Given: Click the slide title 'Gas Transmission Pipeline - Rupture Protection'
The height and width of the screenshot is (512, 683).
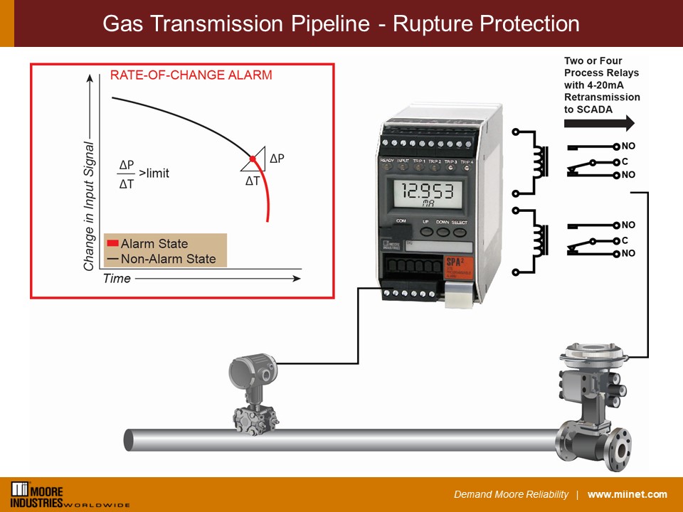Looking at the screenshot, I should click(x=341, y=23).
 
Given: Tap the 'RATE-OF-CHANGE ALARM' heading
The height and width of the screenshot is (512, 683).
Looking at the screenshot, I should click(x=191, y=75).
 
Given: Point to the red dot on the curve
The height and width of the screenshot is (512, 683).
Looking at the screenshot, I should click(x=252, y=158).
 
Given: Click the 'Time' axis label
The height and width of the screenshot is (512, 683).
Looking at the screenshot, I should click(x=117, y=278).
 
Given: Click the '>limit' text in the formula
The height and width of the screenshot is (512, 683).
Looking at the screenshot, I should click(x=154, y=173).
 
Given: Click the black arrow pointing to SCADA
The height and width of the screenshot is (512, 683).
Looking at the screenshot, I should click(x=598, y=124).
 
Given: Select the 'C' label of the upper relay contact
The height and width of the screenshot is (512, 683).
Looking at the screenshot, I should click(x=625, y=161).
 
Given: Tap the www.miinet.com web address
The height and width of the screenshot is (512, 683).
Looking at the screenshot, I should click(x=627, y=495).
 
